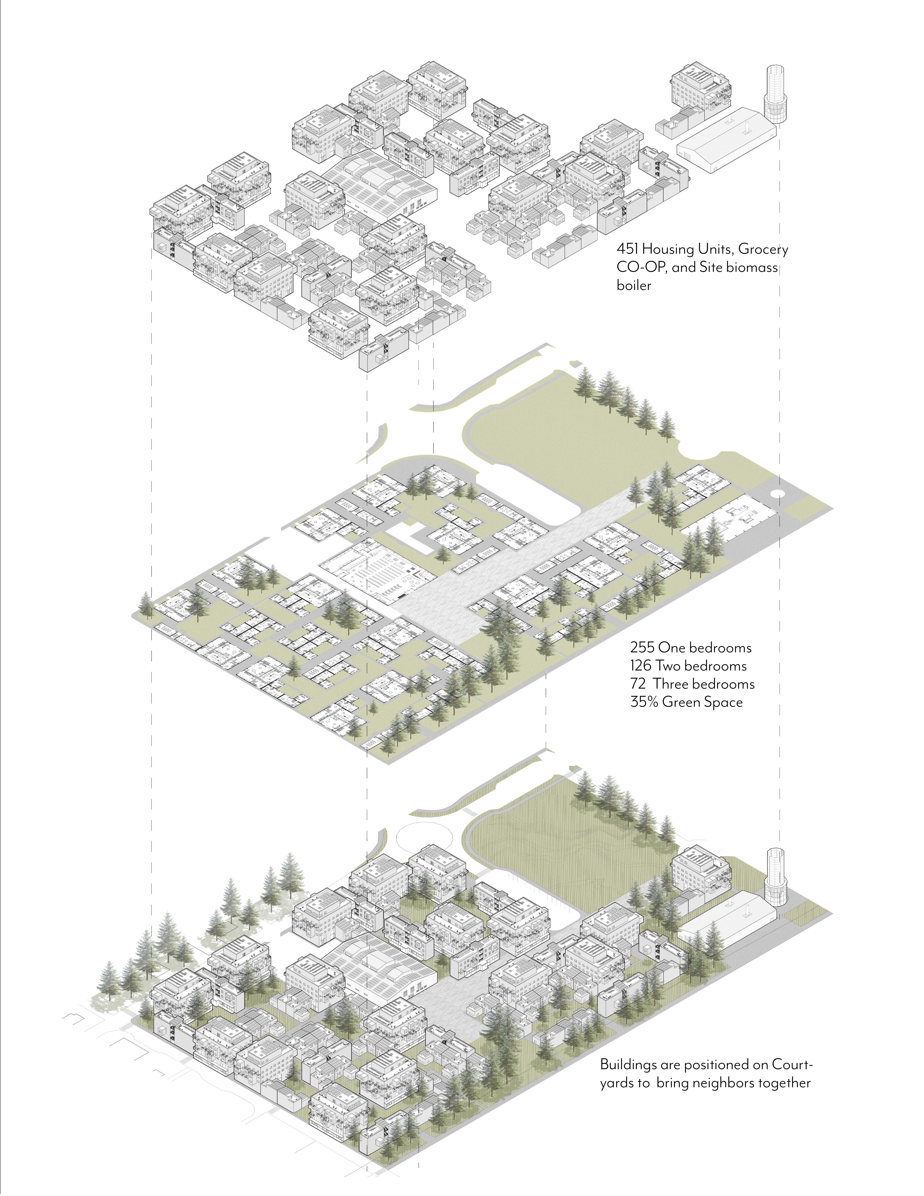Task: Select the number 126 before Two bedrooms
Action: (x=640, y=666)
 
